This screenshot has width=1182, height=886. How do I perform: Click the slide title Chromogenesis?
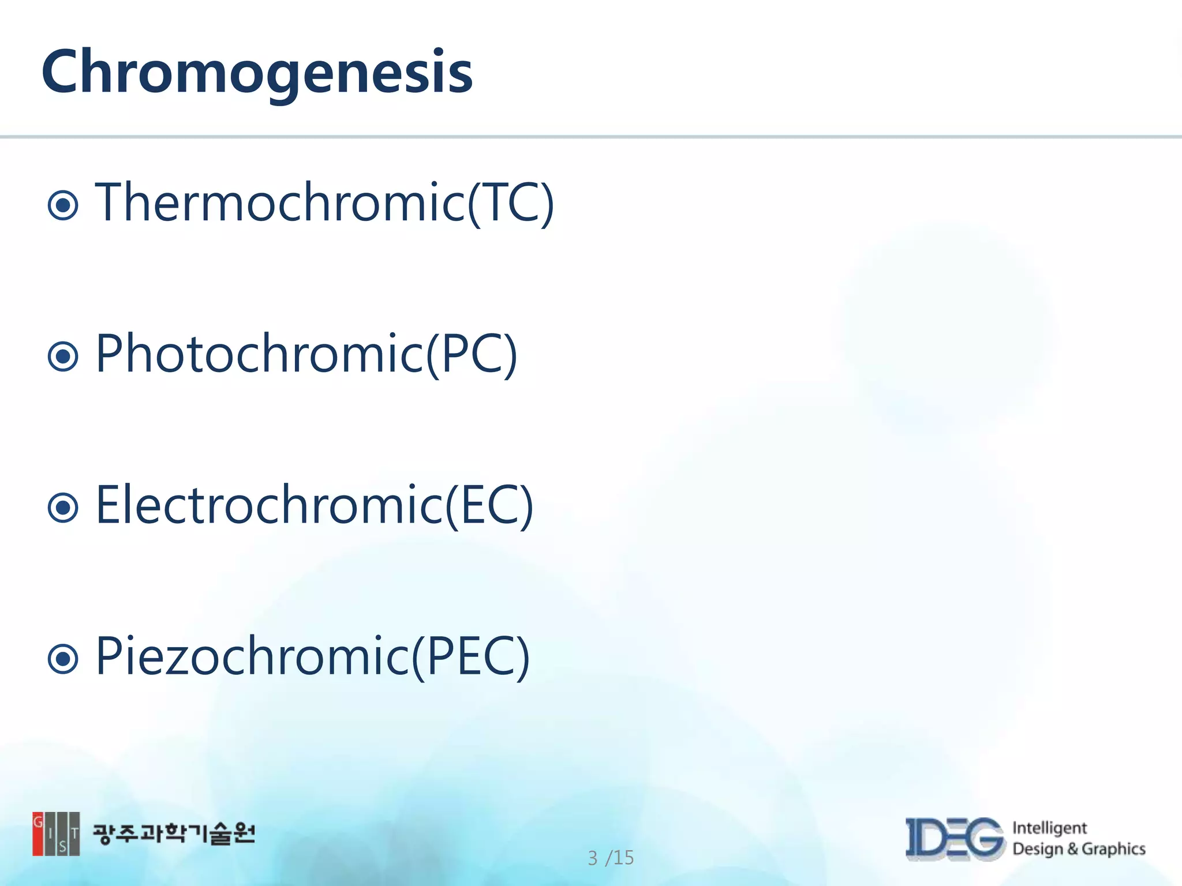[257, 72]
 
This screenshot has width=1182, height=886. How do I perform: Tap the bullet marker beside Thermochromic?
[63, 205]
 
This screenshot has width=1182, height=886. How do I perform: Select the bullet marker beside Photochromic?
[63, 356]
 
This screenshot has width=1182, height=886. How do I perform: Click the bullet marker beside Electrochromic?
[63, 508]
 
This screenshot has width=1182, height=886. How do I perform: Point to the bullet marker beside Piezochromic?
[63, 659]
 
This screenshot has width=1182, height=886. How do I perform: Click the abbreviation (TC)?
[511, 203]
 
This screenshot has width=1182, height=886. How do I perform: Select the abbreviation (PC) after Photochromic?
[472, 355]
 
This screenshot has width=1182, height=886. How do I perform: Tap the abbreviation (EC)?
[489, 506]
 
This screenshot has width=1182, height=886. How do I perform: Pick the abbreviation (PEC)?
[471, 657]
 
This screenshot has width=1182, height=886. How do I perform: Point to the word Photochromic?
[260, 354]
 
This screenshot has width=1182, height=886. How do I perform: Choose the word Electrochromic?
[269, 505]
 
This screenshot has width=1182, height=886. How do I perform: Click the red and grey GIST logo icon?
[56, 834]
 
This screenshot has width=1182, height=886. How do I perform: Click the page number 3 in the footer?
[593, 858]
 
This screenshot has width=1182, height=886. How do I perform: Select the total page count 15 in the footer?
[623, 858]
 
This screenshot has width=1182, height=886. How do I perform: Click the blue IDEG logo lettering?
[955, 839]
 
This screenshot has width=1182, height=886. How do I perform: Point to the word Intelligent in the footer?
[1049, 828]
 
